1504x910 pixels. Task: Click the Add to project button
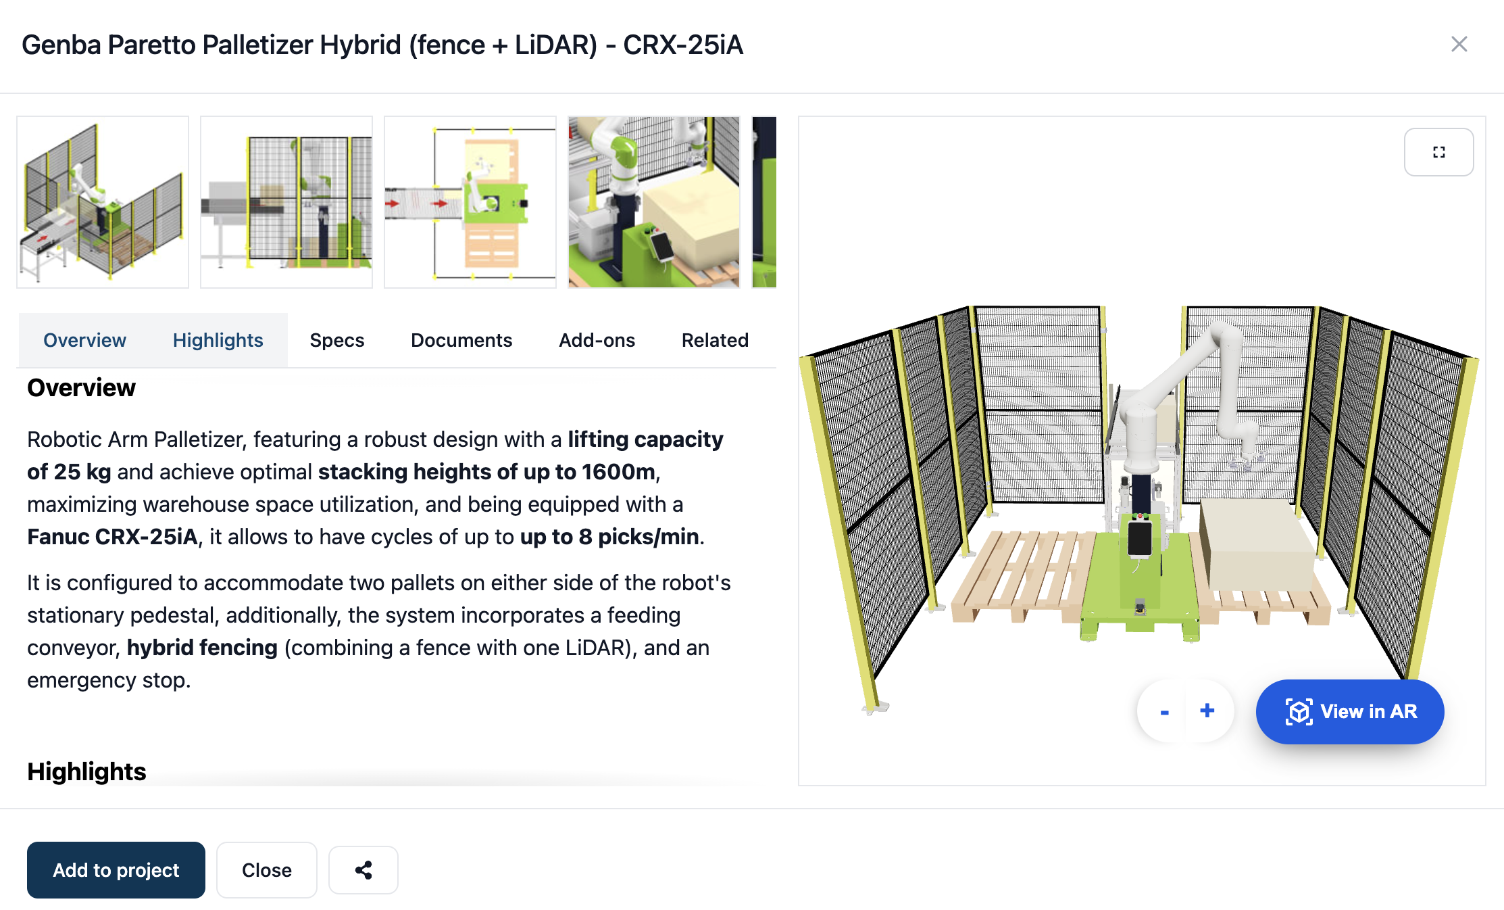coord(116,869)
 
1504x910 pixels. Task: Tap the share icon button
coord(364,869)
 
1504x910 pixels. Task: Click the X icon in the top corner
coord(1459,45)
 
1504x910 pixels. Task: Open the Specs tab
coord(337,340)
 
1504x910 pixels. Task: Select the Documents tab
coord(461,340)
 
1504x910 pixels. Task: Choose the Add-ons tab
coord(597,340)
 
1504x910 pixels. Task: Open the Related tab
coord(715,340)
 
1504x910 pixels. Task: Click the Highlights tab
coord(218,340)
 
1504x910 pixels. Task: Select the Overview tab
coord(85,340)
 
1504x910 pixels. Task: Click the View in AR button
coord(1350,711)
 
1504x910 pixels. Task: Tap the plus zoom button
coord(1207,711)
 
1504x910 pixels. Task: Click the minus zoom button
coord(1165,711)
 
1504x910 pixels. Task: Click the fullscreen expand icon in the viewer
coord(1439,152)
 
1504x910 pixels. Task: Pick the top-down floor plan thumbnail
coord(470,202)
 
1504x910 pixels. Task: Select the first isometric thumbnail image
coord(103,202)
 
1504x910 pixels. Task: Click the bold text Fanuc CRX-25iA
coord(112,537)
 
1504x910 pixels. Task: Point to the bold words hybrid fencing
coord(202,648)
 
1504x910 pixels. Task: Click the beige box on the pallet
coord(1258,544)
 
